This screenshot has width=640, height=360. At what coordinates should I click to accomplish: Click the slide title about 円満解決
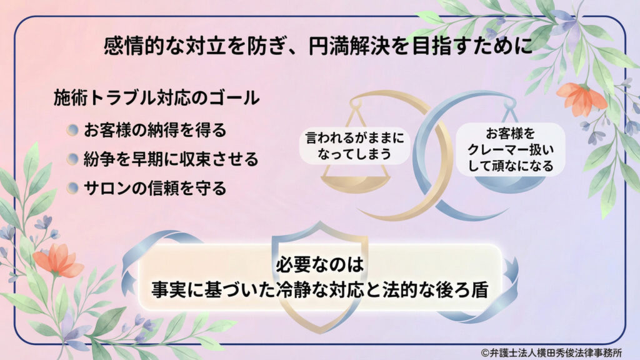pyautogui.click(x=319, y=47)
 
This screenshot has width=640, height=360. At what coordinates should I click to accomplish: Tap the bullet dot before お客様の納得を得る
pyautogui.click(x=73, y=130)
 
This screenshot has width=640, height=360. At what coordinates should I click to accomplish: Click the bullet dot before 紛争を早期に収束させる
pyautogui.click(x=73, y=159)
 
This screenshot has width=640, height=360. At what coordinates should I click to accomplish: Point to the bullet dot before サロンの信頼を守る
pyautogui.click(x=73, y=187)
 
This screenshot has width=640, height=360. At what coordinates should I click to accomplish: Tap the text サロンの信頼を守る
pyautogui.click(x=155, y=187)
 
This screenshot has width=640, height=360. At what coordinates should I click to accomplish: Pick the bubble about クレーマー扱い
pyautogui.click(x=511, y=149)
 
